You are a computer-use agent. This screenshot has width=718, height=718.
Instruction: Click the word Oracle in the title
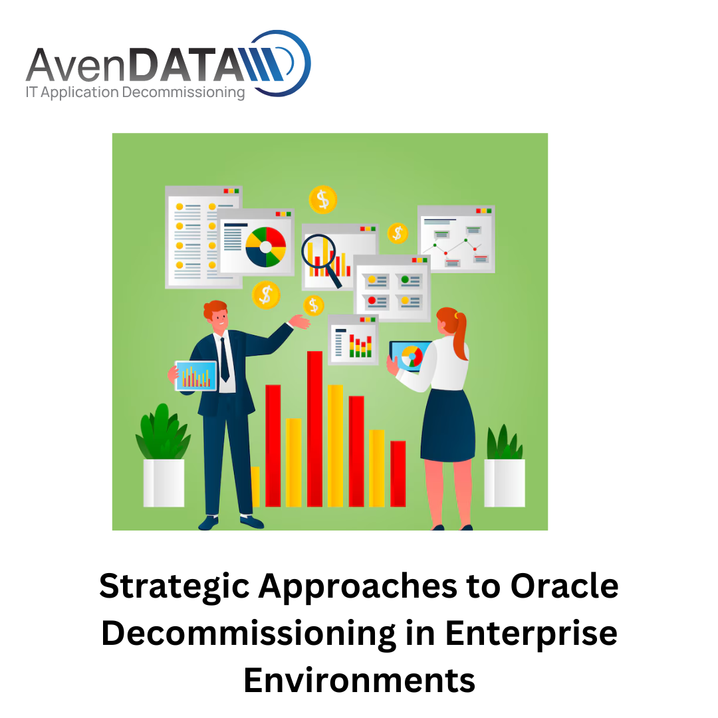coord(564,586)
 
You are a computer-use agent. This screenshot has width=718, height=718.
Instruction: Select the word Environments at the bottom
coord(360,681)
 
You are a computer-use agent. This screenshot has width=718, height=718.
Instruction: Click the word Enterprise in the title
coord(531,635)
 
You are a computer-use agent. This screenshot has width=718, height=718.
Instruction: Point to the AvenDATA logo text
coord(136,64)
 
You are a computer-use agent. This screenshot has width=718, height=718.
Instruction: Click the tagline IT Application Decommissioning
coord(136,92)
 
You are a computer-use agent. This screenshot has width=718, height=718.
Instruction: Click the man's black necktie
coord(225,360)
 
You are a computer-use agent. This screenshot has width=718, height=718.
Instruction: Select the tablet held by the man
coord(196,376)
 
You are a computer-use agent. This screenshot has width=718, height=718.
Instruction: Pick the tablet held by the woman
coord(409,355)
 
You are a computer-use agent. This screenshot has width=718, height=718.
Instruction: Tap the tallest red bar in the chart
coord(314,429)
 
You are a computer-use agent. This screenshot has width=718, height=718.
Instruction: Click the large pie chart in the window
coord(265,247)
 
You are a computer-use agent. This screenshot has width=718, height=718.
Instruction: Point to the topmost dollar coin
coord(323,199)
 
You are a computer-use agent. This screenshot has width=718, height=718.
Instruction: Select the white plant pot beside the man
coord(164,483)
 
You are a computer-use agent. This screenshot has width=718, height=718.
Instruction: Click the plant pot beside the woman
coord(505,483)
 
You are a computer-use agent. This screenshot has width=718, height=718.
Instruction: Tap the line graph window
coord(456,239)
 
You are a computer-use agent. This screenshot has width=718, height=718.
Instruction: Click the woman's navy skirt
coord(447,425)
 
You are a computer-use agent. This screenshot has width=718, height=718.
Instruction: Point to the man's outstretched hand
coord(300,321)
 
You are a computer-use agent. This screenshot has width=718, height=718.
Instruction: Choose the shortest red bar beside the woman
coord(398,473)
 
